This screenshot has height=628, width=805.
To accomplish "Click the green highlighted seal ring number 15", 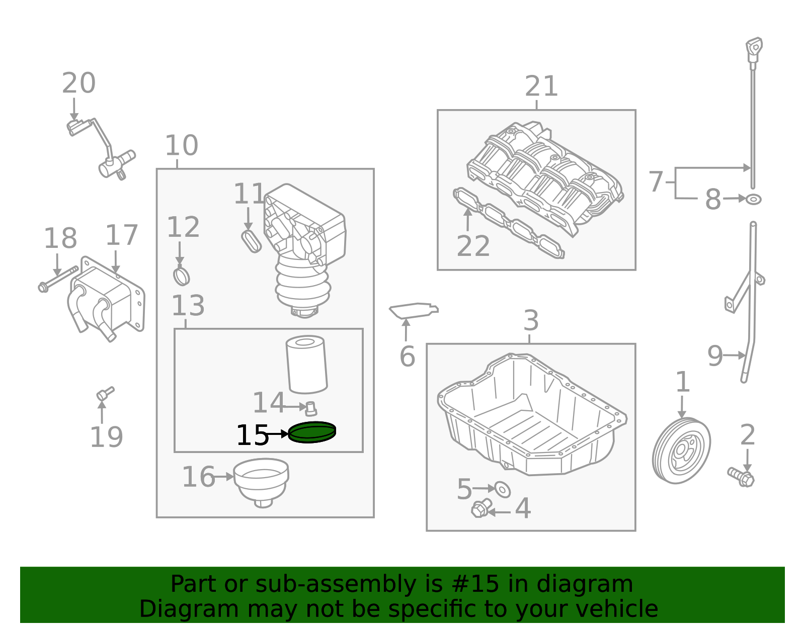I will tap(312, 432).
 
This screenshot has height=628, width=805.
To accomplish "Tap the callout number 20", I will tap(79, 83).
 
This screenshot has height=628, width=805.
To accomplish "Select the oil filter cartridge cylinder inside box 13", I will tap(306, 365).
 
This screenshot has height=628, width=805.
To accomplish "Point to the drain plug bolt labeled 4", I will tap(480, 508).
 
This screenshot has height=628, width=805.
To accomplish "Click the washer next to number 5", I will tap(502, 489).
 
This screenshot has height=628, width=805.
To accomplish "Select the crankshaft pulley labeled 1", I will tap(681, 451).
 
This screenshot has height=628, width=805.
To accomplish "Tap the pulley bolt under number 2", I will tap(741, 476).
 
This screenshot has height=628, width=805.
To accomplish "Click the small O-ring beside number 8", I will tap(753, 200).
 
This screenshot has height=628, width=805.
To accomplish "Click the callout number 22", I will tap(473, 246).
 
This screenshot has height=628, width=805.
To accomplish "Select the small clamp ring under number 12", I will tap(181, 276).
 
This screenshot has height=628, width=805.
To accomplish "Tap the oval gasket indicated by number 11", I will tap(251, 241).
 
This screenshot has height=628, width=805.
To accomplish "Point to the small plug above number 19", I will tap(105, 393).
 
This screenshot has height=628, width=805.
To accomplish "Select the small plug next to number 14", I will tap(311, 408).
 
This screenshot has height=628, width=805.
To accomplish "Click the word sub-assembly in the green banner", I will tap(333, 584).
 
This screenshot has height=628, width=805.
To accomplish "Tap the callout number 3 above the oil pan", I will tap(531, 320).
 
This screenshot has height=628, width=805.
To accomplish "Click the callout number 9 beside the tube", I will tap(715, 356).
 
